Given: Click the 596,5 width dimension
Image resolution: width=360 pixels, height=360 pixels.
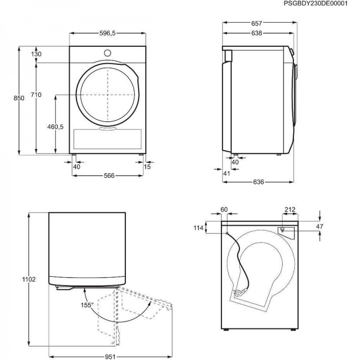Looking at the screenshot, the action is point(108,33).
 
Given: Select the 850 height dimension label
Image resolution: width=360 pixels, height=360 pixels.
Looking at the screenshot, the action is point(19,98).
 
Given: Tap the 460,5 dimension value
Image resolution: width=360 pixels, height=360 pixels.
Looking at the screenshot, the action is point(55,126).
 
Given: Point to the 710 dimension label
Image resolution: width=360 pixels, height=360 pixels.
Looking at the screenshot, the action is point(36,94).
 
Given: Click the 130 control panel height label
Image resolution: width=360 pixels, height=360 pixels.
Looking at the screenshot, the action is point(36,54).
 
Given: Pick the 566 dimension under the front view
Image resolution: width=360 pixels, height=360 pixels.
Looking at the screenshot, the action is point(109,176).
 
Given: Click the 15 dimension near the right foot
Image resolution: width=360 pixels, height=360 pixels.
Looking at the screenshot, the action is point(147,167).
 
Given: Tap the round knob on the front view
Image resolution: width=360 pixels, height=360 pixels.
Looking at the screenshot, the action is point(108,53).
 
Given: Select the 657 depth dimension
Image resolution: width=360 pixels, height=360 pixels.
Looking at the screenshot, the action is point(256,24).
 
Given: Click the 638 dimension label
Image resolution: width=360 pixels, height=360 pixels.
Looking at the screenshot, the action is point(256,33).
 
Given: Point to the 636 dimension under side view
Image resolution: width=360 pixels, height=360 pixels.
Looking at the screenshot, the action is point(258,182).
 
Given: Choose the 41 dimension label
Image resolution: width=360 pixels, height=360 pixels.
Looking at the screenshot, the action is point(227,173).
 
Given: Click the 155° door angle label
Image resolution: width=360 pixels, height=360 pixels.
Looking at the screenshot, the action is point(87,305).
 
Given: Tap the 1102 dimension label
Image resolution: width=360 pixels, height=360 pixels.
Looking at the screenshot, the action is point(29,280).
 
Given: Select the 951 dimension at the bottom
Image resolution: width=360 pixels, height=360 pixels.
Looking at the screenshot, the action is point(110,357).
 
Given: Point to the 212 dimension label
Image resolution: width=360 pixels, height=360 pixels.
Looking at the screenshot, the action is point(290,209).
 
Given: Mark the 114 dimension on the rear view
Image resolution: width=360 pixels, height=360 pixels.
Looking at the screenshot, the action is point(198,228).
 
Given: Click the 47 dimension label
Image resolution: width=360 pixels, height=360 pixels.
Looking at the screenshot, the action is point(320,226).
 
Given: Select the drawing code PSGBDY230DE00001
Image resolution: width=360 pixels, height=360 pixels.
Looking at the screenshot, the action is point(316,4).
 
